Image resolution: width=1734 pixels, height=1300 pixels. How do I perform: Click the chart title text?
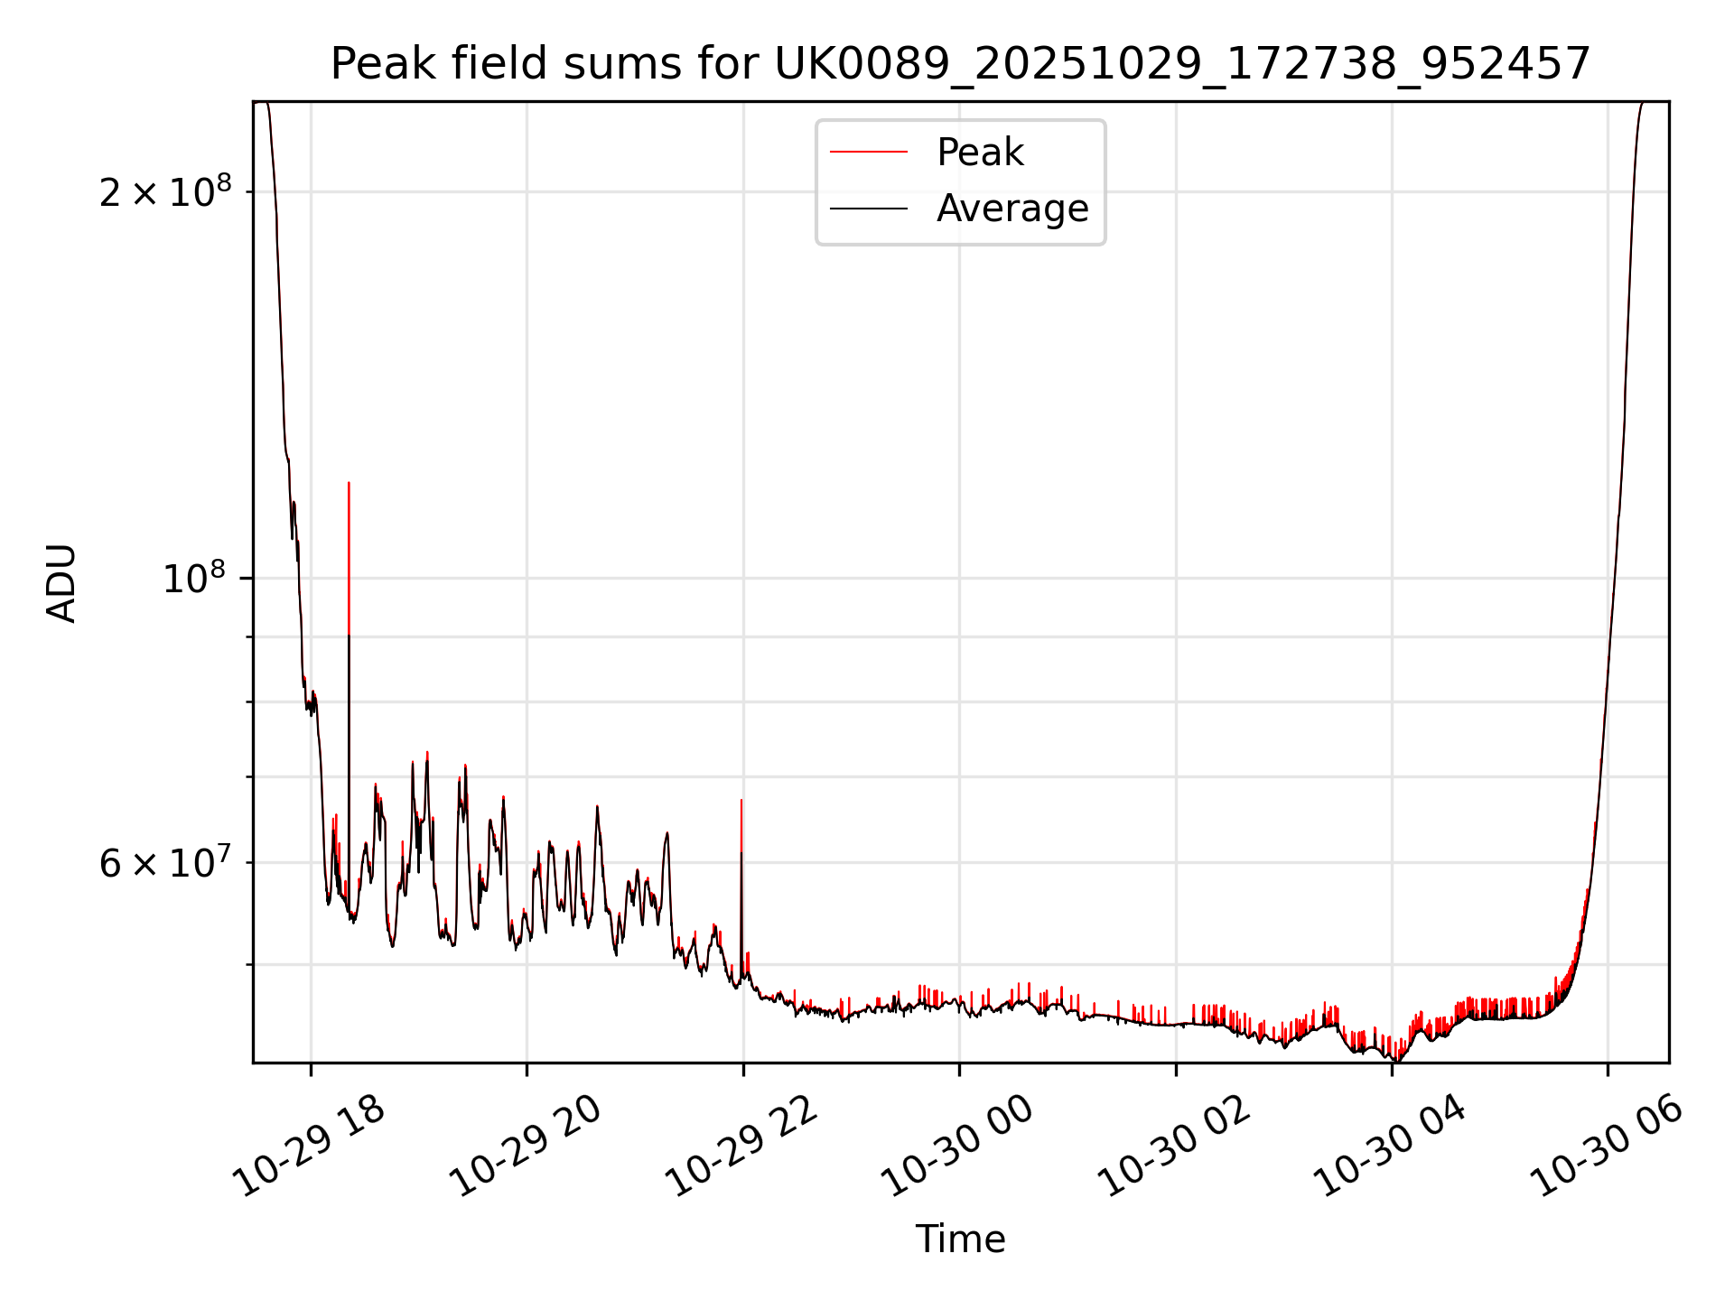point(960,64)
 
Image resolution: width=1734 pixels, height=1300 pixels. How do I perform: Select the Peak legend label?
point(980,153)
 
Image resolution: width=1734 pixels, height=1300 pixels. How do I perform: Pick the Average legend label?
point(1012,209)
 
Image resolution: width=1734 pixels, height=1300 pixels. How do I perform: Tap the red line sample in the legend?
point(869,153)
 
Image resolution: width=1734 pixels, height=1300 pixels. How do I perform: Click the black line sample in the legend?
point(869,209)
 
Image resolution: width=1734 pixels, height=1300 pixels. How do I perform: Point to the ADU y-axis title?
point(61,583)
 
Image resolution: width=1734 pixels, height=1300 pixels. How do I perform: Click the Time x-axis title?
point(960,1240)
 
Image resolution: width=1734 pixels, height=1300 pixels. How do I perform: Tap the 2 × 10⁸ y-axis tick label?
point(165,192)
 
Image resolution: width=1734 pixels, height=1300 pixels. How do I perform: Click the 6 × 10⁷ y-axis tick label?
point(165,864)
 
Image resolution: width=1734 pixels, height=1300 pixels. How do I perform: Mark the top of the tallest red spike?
point(349,483)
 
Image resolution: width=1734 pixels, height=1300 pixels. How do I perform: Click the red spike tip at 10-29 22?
point(741,800)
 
